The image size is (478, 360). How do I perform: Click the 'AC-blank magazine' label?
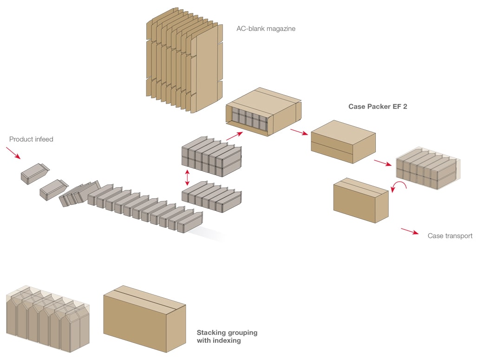pos(266,29)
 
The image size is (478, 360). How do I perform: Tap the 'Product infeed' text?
pos(31,139)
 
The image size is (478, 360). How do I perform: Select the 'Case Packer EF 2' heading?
pos(378,106)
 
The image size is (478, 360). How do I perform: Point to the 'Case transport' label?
pos(450,236)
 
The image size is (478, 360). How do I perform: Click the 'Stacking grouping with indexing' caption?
pos(227,336)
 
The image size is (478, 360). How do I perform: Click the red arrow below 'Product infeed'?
pos(13,153)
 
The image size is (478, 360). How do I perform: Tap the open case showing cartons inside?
pos(262,111)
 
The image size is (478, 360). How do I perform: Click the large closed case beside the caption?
pos(144,317)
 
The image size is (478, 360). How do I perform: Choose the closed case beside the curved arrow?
pos(360,199)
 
